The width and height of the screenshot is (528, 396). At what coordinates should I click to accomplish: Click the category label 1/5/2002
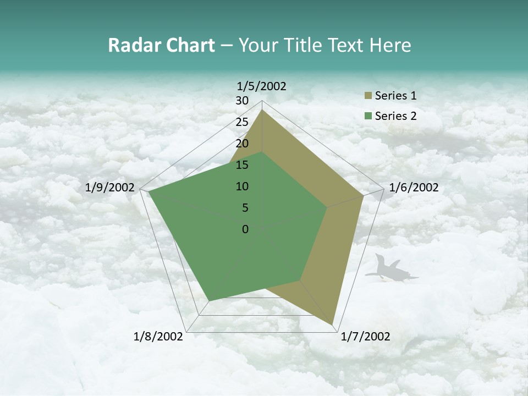(261, 86)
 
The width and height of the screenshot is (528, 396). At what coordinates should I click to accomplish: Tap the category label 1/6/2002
(414, 188)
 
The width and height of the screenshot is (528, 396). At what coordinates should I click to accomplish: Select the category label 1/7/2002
(365, 337)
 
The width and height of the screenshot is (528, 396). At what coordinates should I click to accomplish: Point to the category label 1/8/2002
(158, 337)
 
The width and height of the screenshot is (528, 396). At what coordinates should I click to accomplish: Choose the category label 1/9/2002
(110, 188)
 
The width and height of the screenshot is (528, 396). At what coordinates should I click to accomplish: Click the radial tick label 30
(242, 101)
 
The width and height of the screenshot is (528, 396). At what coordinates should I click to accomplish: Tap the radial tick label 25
(242, 122)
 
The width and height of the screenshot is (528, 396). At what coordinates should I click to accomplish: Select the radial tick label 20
(242, 144)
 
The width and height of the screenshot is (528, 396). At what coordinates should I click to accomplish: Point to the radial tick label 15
(242, 165)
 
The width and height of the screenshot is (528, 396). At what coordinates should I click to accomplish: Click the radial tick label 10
(242, 186)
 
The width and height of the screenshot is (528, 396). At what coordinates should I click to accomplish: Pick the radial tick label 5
(245, 208)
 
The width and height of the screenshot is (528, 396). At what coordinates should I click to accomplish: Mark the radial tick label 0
(245, 229)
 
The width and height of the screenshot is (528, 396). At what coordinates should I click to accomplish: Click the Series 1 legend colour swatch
(368, 96)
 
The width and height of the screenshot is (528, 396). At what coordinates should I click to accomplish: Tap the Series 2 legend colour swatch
(368, 116)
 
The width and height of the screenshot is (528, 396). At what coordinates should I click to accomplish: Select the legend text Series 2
(395, 116)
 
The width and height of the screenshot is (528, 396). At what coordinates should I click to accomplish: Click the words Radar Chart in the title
(161, 46)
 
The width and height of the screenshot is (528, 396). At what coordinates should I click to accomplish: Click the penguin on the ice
(392, 269)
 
